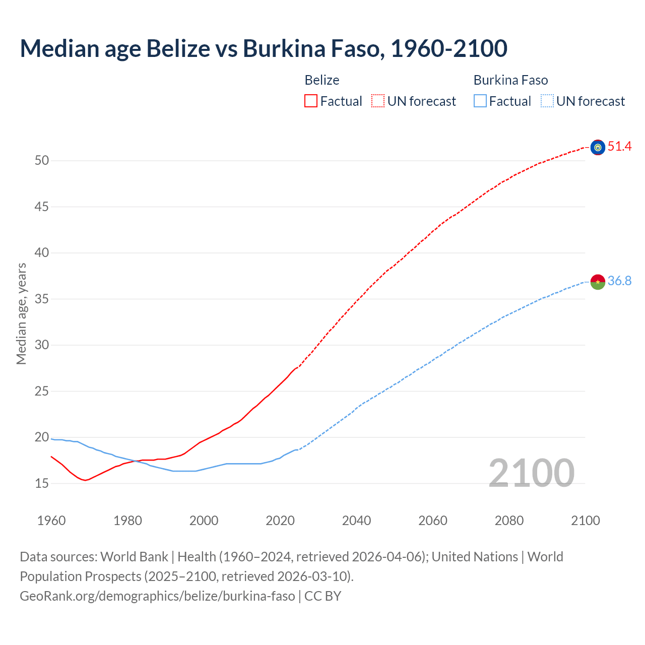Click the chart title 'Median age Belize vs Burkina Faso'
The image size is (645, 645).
(263, 48)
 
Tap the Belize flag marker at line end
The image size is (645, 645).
(598, 147)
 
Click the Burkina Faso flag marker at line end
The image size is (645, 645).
(598, 282)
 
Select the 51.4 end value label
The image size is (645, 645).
(619, 147)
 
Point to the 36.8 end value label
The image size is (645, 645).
(619, 281)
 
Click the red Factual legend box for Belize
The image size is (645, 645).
(311, 101)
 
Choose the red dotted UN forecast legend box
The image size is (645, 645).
(378, 101)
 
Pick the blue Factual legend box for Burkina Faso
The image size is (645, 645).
(480, 101)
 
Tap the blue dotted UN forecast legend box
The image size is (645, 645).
(547, 101)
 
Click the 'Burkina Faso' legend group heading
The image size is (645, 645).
(510, 80)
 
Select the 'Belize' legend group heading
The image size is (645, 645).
(322, 80)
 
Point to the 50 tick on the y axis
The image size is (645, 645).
(42, 161)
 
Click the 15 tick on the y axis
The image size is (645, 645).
(42, 484)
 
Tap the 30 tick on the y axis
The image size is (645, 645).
(42, 345)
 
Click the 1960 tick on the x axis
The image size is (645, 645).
(51, 521)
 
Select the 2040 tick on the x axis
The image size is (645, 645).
(356, 521)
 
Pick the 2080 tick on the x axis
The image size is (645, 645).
(509, 521)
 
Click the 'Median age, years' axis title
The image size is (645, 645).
(21, 313)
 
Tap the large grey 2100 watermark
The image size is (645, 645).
(531, 473)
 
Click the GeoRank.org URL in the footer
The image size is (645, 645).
(157, 596)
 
